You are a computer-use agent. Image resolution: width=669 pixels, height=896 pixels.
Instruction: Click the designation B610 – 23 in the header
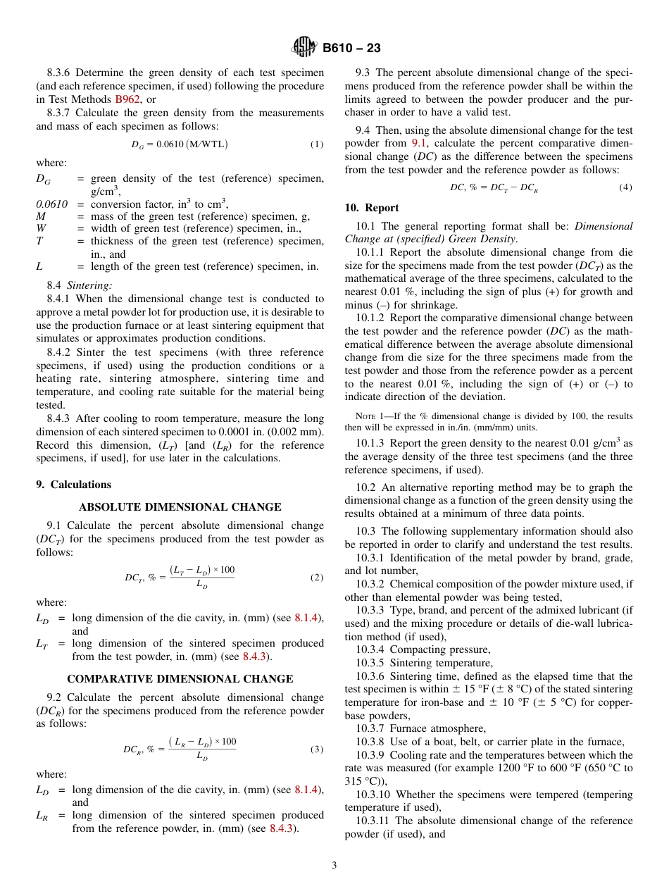pyautogui.click(x=351, y=48)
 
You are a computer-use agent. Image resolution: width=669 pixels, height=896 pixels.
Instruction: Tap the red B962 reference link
pyautogui.click(x=127, y=99)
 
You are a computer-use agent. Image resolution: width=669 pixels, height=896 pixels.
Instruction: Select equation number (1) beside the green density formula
pyautogui.click(x=317, y=144)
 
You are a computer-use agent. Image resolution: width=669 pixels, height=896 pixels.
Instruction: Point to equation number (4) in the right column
pyautogui.click(x=625, y=187)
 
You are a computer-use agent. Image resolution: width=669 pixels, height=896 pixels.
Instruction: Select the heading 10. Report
pyautogui.click(x=372, y=208)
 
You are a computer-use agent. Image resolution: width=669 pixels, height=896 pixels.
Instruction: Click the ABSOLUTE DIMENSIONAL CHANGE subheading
pyautogui.click(x=180, y=507)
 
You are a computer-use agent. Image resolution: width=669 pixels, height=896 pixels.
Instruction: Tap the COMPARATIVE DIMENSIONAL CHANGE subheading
pyautogui.click(x=180, y=679)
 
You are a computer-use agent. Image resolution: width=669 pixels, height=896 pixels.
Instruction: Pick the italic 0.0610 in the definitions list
pyautogui.click(x=51, y=204)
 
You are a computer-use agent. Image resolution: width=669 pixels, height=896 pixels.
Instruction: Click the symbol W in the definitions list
pyautogui.click(x=41, y=228)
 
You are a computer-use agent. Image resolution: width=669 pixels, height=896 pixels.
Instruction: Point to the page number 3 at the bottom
pyautogui.click(x=334, y=865)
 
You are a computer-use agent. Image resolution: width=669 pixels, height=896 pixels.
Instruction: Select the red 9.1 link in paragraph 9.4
pyautogui.click(x=418, y=143)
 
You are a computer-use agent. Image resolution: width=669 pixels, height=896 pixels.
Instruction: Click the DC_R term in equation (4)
pyautogui.click(x=528, y=188)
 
